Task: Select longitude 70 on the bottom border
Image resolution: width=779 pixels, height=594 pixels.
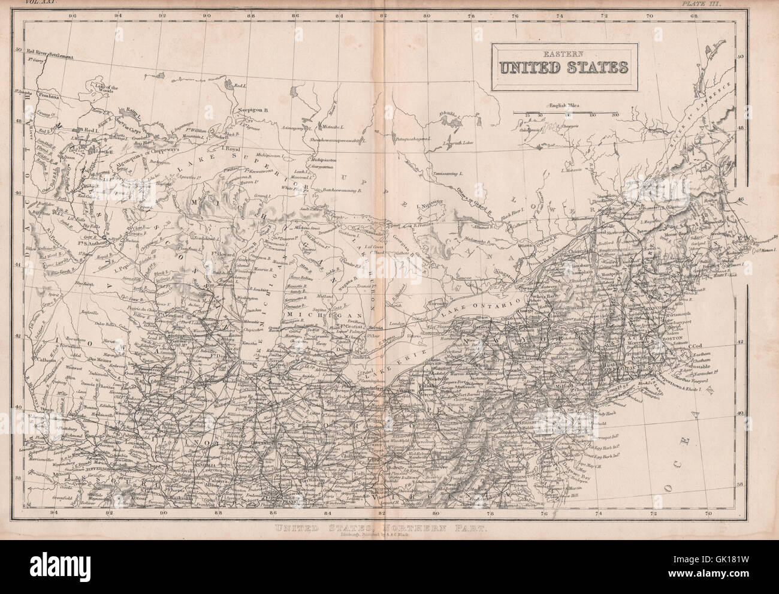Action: [708, 513]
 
